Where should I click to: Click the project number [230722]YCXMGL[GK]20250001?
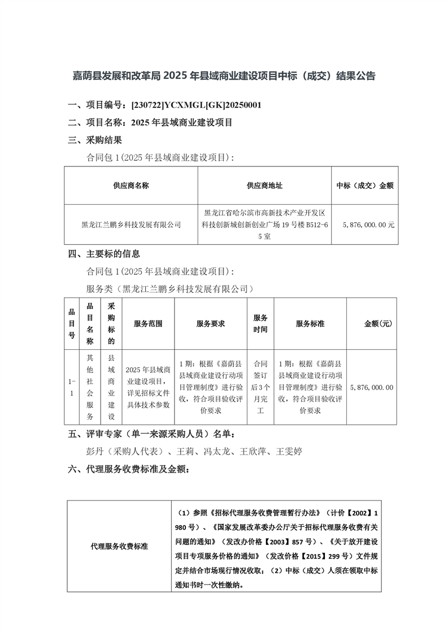click(195, 105)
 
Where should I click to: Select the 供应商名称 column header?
click(131, 185)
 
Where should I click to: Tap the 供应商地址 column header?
click(264, 185)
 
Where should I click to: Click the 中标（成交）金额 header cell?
click(365, 185)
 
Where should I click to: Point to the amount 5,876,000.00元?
click(368, 225)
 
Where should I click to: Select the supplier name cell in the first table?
click(131, 225)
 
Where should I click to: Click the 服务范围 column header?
click(148, 324)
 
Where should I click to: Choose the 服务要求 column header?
click(211, 324)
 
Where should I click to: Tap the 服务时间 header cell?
click(260, 324)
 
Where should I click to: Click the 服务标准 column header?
click(310, 324)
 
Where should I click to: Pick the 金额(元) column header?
click(378, 324)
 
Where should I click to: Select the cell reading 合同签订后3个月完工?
click(260, 388)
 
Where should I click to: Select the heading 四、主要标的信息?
click(103, 254)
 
